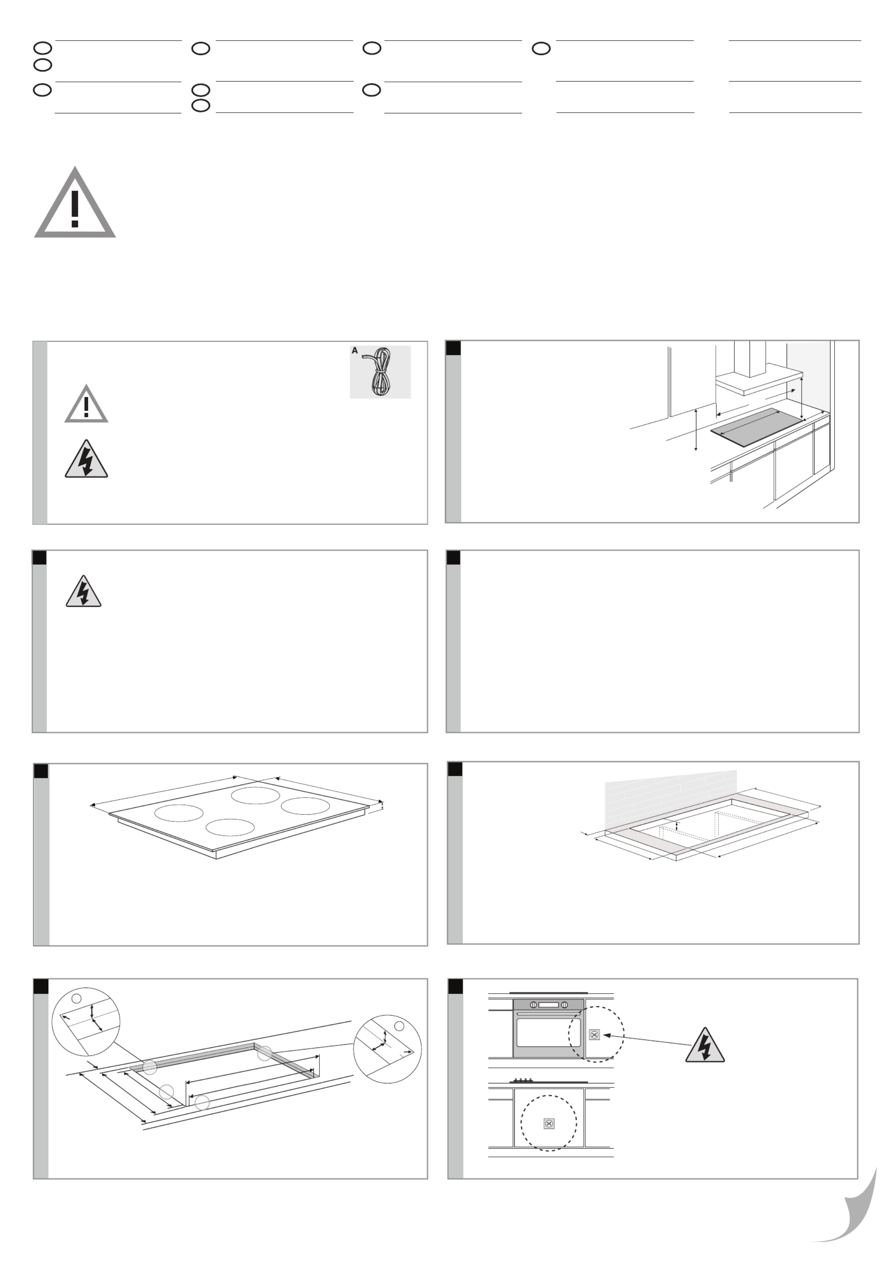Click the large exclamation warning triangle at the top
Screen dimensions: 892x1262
[75, 203]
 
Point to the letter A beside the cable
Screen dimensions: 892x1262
[355, 351]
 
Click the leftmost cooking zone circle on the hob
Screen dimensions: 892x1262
[179, 813]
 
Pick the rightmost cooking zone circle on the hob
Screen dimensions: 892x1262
[305, 806]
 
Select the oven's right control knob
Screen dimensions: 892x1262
[564, 1005]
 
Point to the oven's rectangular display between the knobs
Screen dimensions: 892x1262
[549, 1005]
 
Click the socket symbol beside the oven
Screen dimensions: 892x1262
[594, 1035]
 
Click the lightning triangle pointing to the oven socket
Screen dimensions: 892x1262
[705, 1045]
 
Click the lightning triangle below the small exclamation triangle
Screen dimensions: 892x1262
[86, 459]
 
